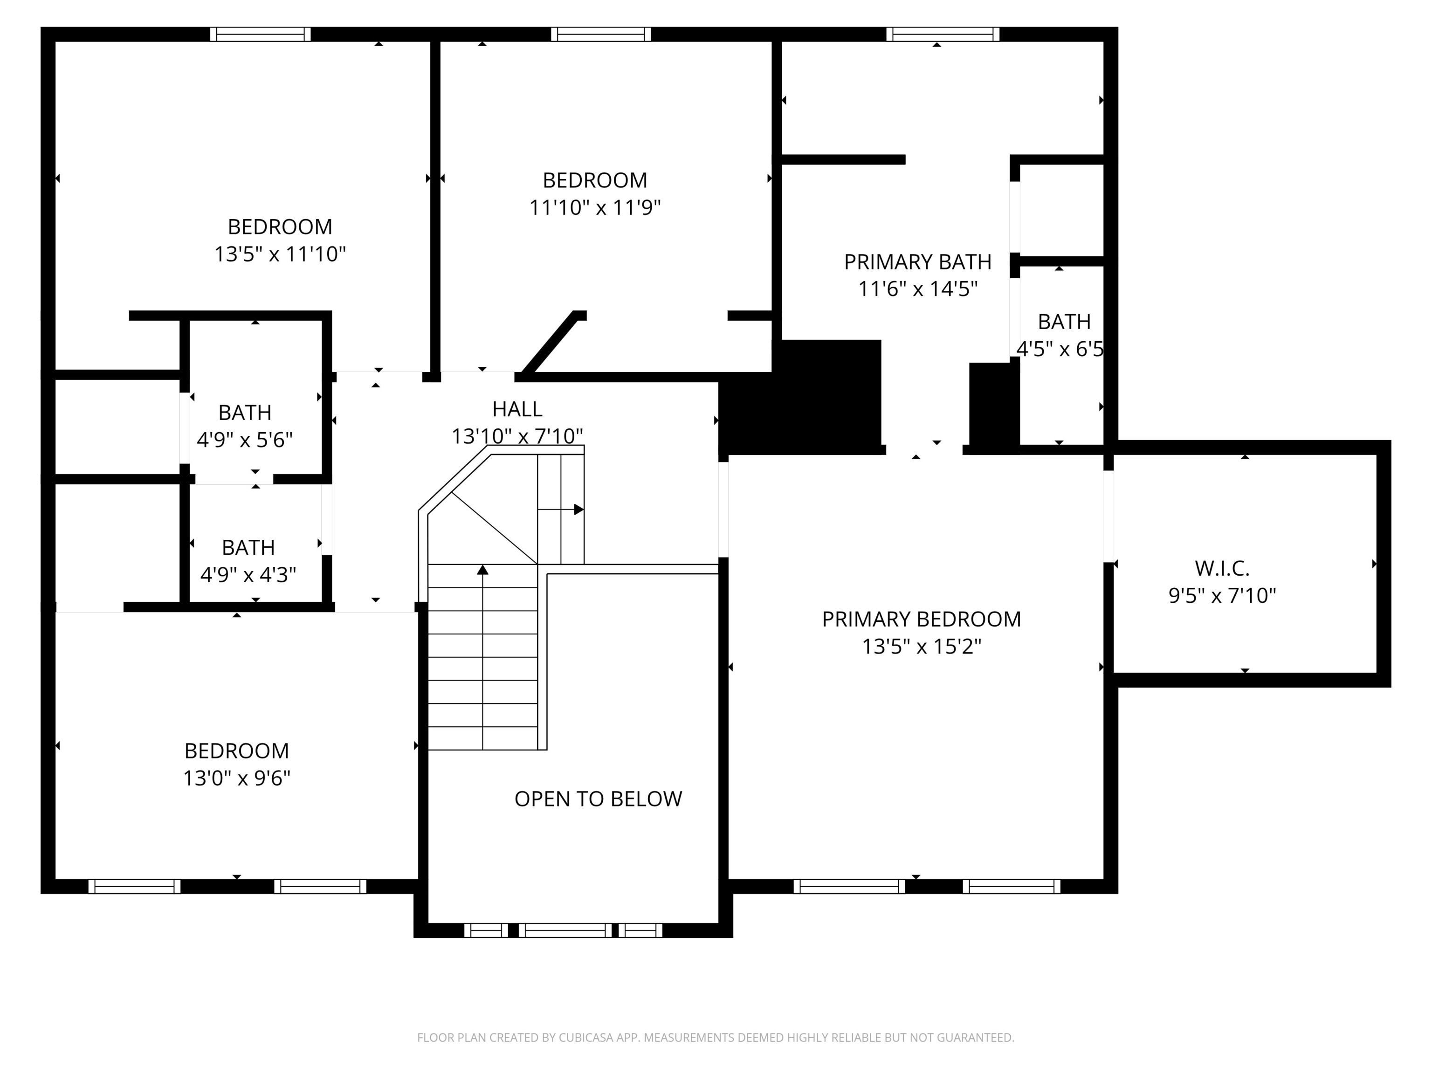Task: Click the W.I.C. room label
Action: pos(1222,568)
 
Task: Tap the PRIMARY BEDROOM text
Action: pos(921,620)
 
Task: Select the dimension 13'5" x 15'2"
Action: pos(921,647)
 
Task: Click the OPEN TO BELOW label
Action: pos(598,799)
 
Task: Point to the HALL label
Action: pos(517,409)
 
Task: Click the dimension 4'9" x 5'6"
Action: pos(245,440)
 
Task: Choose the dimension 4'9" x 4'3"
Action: pos(248,575)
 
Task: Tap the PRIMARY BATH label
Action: pos(917,262)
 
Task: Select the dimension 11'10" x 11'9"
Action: pos(595,208)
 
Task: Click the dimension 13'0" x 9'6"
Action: pos(236,778)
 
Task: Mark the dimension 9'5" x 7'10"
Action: pos(1222,596)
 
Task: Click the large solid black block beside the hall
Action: pos(803,396)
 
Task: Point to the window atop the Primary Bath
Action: pos(942,34)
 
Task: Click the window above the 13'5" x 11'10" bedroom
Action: pos(260,34)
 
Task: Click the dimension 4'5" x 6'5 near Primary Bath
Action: pos(1060,350)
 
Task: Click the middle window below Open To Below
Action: pos(565,930)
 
